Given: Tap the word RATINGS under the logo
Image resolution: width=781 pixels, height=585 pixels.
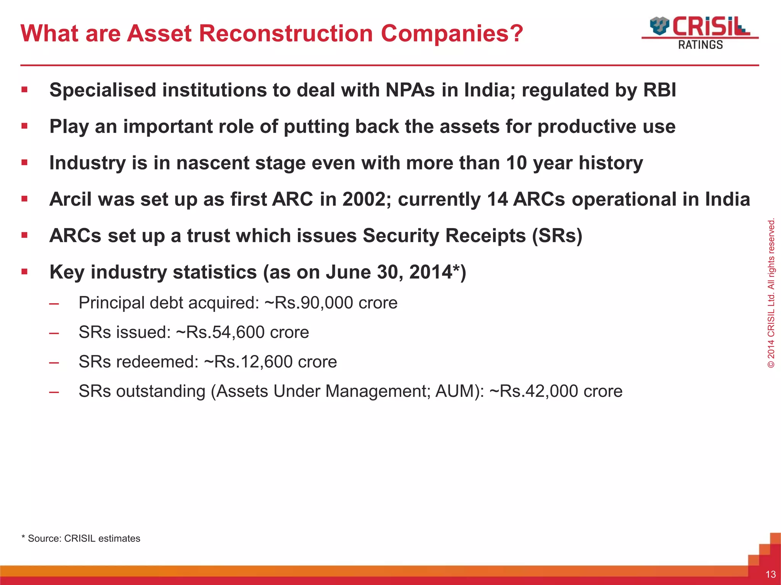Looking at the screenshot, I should point(700,45).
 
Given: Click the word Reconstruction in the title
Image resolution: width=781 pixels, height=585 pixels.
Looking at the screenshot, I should point(286,34).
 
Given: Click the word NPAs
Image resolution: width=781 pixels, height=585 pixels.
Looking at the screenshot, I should point(410,90).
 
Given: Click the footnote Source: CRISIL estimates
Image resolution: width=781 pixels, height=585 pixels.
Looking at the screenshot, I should point(84,539).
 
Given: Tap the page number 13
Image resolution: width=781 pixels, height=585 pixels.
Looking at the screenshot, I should point(770,574).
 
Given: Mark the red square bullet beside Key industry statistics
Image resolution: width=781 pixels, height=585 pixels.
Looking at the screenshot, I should point(25,272).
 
